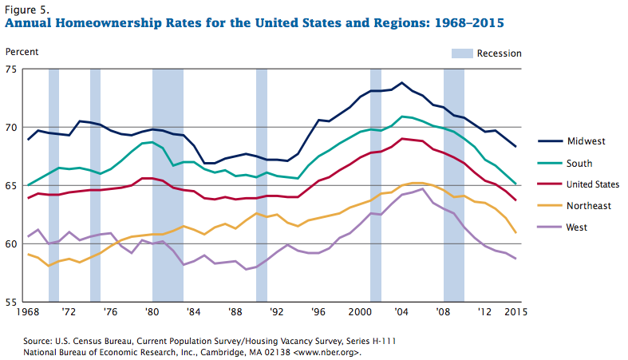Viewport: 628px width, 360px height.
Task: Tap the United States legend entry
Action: (593, 184)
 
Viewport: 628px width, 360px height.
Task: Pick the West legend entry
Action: (577, 227)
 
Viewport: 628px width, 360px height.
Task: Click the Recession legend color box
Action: (462, 53)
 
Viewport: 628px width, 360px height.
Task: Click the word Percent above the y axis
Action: (22, 53)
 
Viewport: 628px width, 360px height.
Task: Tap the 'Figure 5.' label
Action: (26, 9)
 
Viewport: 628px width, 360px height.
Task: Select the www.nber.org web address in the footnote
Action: (323, 351)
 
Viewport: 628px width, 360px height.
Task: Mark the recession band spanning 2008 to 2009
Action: (454, 184)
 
